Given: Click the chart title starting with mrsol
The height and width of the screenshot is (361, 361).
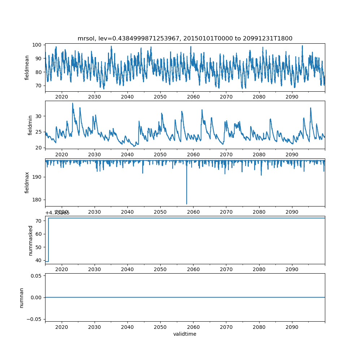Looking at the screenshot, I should point(185,38).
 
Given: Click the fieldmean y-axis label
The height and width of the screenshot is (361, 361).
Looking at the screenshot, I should point(27,68).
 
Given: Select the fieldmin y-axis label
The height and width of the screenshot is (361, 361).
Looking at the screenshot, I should point(30,125).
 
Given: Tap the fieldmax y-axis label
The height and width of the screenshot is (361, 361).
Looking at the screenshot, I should point(27,182).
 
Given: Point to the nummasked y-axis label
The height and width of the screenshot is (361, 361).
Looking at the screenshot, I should point(30,240).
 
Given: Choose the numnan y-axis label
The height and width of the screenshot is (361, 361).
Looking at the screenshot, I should point(21,297).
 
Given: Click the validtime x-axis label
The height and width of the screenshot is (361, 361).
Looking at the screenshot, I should point(185,334).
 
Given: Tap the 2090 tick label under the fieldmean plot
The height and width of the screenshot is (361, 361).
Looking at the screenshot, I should point(292,97).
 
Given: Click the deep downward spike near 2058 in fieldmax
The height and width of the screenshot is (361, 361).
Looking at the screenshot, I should point(187,203).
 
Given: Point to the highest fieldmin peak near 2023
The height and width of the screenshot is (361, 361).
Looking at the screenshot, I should point(73,104).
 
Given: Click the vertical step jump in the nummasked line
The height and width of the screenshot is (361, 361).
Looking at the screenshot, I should point(48,240).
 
